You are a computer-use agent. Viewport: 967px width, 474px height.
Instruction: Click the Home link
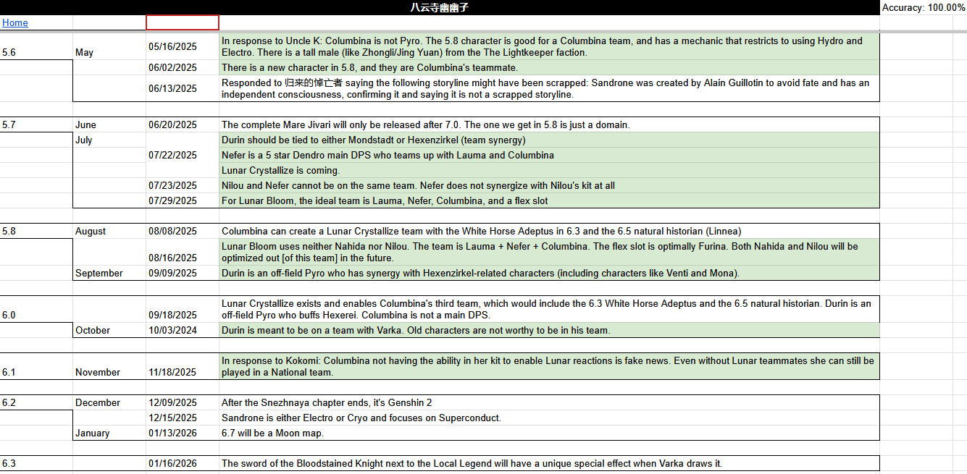coord(15,22)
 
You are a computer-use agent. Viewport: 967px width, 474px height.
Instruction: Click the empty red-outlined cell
coord(183,22)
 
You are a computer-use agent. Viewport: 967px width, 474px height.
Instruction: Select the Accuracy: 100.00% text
coord(924,7)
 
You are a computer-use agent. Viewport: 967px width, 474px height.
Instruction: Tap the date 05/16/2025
coord(172,46)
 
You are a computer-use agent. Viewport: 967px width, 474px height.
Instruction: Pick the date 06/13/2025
coord(172,88)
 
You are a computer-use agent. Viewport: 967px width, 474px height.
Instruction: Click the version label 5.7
coord(9,124)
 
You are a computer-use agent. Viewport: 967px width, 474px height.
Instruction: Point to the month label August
coord(91,231)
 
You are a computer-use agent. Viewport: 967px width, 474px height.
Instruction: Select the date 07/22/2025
coord(172,155)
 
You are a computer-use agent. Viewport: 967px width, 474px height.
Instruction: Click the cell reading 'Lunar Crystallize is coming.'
coord(280,170)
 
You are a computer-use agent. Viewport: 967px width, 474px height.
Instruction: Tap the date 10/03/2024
coord(172,330)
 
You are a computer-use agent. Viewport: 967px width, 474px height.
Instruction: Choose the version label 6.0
coord(9,315)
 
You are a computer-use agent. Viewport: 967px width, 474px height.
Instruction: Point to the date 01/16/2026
coord(172,463)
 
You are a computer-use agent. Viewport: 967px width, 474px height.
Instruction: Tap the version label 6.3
coord(9,463)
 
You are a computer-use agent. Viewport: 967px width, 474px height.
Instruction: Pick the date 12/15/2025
coord(172,418)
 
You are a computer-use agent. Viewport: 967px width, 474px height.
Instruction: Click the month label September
coord(99,273)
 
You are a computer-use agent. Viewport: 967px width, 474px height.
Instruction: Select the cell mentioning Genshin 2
coord(327,402)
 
